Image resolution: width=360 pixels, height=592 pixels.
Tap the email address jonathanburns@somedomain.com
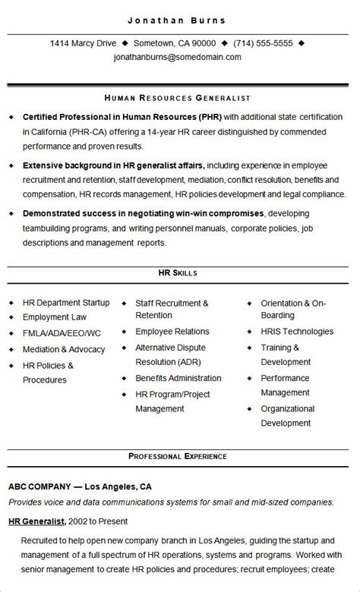click(x=177, y=57)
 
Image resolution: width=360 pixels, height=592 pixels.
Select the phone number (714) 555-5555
click(x=262, y=43)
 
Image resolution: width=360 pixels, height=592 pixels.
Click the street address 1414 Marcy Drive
click(x=83, y=43)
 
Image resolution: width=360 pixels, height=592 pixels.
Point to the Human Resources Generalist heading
click(x=178, y=98)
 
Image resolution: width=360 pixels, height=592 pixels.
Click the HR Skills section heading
click(x=178, y=272)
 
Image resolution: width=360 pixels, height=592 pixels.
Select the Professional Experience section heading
click(x=178, y=456)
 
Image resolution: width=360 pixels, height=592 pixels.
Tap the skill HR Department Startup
click(x=66, y=303)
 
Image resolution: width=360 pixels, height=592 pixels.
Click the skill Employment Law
click(x=55, y=317)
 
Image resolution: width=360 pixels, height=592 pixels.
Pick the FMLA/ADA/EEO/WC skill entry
click(x=62, y=333)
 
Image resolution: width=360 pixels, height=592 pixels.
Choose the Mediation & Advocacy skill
click(x=64, y=349)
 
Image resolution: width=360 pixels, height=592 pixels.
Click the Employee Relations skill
click(x=172, y=332)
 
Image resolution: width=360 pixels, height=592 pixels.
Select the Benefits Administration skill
click(x=178, y=378)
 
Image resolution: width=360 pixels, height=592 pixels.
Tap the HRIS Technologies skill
click(x=297, y=332)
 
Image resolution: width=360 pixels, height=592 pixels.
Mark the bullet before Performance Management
click(x=249, y=378)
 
